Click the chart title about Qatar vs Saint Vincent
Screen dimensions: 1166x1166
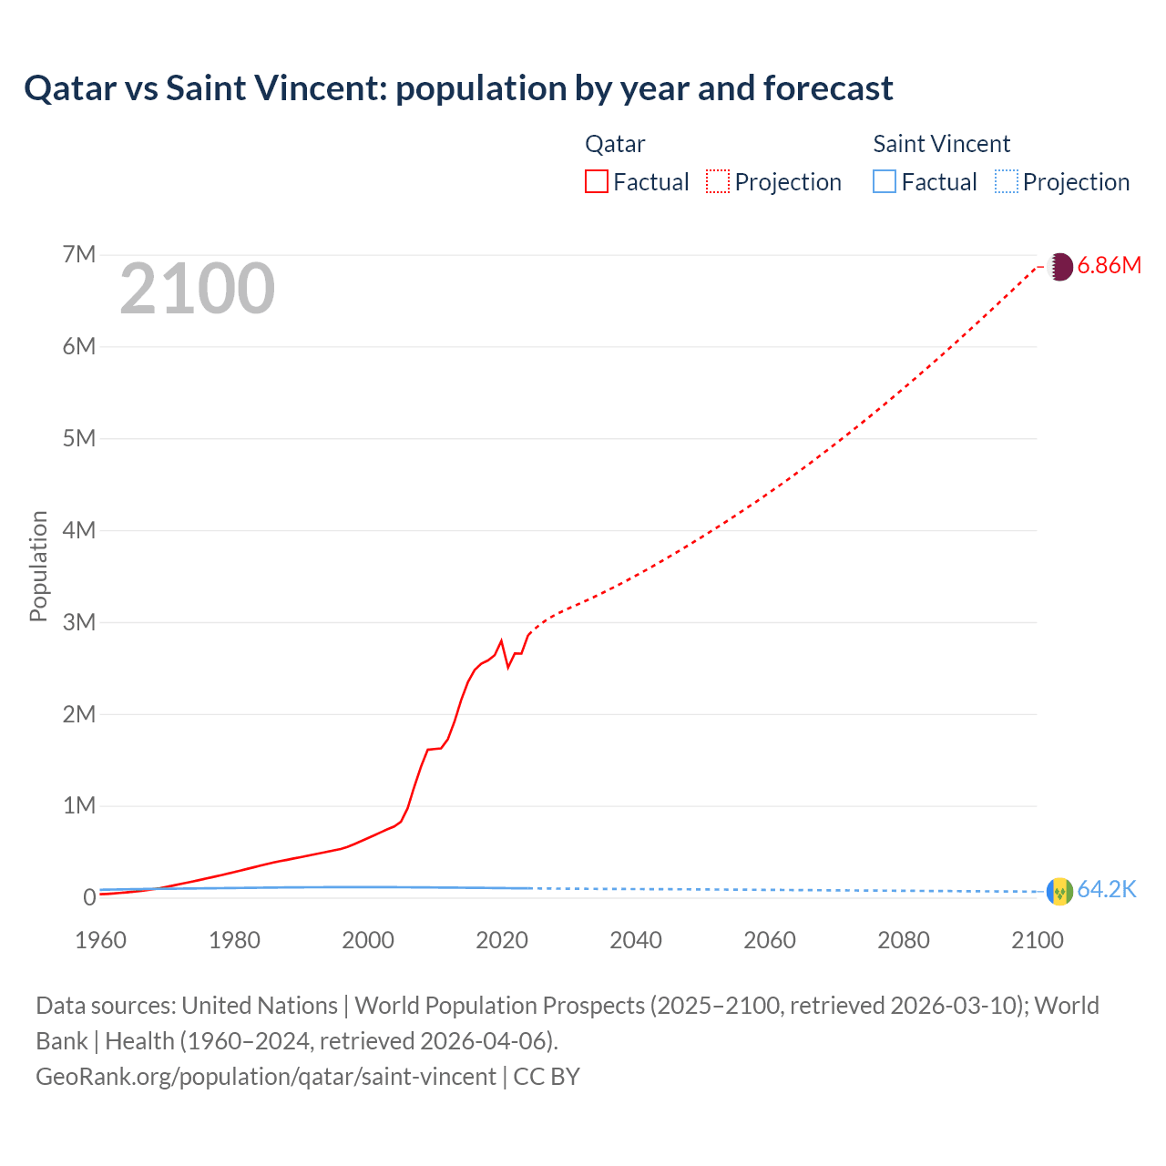[x=458, y=88]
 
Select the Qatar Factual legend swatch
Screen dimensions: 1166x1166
[x=596, y=181]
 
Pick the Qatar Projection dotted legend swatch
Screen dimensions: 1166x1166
[x=718, y=181]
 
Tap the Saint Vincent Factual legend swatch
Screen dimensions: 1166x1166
[x=885, y=181]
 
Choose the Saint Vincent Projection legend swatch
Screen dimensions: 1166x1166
[x=1006, y=181]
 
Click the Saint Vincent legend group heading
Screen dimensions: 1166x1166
[x=941, y=144]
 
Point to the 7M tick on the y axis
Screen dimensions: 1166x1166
[x=79, y=254]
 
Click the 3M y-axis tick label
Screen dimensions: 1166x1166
[x=79, y=622]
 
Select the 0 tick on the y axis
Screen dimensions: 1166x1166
[x=88, y=897]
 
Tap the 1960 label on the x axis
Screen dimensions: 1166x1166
[x=100, y=940]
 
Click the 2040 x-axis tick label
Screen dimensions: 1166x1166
[x=636, y=940]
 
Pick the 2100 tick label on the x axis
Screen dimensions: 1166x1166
[x=1037, y=940]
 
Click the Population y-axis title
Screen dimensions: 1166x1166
[x=38, y=566]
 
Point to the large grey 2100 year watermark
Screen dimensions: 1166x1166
[x=197, y=289]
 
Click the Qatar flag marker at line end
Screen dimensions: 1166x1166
[x=1060, y=266]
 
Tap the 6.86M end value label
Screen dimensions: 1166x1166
[x=1109, y=265]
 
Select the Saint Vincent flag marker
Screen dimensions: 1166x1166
[x=1060, y=891]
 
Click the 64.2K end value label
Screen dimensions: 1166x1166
[x=1107, y=889]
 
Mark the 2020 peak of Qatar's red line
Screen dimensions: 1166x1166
[x=501, y=640]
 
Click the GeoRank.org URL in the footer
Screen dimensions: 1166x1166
[x=265, y=1076]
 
